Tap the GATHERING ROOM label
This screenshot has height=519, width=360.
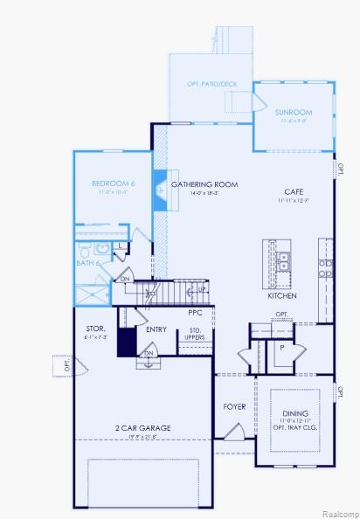point(205,184)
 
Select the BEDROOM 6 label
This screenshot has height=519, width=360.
point(114,183)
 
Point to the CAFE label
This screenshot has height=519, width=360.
point(294,191)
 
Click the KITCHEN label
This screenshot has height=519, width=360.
point(282,296)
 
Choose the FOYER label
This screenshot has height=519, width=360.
point(234,406)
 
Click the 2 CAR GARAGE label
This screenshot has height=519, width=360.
point(142,427)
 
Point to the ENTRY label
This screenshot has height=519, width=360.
point(156,329)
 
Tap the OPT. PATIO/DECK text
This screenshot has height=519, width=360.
point(211,84)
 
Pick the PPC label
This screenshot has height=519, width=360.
point(195,312)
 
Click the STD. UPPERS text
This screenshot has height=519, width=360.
point(196,333)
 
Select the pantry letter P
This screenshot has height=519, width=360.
point(281,347)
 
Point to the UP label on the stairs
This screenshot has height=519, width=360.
point(202,289)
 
